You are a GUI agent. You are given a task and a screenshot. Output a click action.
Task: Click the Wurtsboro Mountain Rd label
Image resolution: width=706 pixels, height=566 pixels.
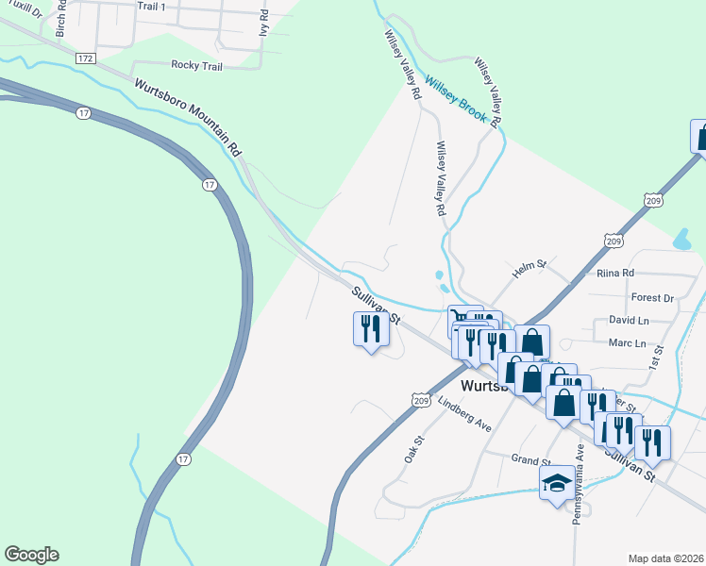coord(188,118)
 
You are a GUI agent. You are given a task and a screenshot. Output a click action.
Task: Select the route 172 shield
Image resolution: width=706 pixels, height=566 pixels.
coord(86,58)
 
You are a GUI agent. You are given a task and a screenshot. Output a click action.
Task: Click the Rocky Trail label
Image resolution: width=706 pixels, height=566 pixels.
coord(196,66)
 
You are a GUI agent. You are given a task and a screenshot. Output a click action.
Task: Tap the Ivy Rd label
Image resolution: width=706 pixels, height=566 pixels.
coord(264,23)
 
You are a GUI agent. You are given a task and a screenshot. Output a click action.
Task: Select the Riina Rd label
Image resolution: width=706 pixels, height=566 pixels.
coord(614,273)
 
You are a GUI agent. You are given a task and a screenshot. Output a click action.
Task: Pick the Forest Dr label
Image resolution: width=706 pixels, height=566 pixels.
coord(652,297)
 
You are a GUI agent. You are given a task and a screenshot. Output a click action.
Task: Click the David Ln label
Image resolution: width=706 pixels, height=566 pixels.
coord(629,321)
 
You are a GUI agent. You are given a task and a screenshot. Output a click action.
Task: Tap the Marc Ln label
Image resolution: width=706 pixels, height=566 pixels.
coord(628,343)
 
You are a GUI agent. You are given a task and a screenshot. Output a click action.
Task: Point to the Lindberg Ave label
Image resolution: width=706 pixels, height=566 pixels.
coord(465,414)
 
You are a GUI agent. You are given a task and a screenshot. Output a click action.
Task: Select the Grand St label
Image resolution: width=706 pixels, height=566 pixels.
coord(529,460)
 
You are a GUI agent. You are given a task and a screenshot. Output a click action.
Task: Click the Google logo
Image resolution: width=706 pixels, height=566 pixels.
coord(31,555)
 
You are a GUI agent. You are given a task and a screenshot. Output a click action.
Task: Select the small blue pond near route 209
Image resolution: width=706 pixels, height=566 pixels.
coord(681,240)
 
